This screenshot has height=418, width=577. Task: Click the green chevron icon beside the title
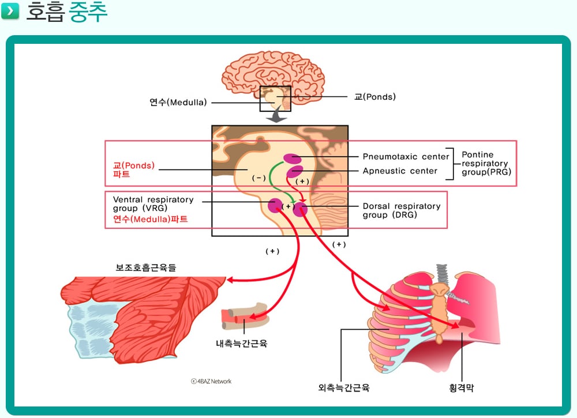pyautogui.click(x=10, y=10)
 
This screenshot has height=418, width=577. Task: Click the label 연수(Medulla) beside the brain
pyautogui.click(x=178, y=102)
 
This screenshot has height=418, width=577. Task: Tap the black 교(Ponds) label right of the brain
pyautogui.click(x=375, y=97)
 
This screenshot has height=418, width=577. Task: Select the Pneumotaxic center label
pyautogui.click(x=406, y=157)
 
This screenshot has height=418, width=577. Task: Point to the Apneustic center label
pyautogui.click(x=400, y=171)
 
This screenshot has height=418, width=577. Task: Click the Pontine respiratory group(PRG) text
pyautogui.click(x=486, y=163)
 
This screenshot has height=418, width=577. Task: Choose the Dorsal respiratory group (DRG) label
pyautogui.click(x=402, y=210)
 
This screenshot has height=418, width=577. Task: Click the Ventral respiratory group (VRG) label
pyautogui.click(x=153, y=204)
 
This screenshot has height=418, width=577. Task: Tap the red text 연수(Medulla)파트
pyautogui.click(x=151, y=219)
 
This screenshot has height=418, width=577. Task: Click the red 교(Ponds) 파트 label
pyautogui.click(x=134, y=170)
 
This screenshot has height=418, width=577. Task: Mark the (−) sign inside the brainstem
pyautogui.click(x=258, y=178)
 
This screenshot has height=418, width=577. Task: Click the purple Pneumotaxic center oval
pyautogui.click(x=292, y=159)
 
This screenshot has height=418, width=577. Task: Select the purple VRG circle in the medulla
pyautogui.click(x=275, y=205)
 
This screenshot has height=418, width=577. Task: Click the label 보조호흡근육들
pyautogui.click(x=146, y=268)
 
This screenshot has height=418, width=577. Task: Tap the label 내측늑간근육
pyautogui.click(x=241, y=344)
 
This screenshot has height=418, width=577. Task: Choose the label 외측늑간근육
pyautogui.click(x=344, y=387)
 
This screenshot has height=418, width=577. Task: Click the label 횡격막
pyautogui.click(x=462, y=387)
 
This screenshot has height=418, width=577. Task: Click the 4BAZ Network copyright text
pyautogui.click(x=211, y=381)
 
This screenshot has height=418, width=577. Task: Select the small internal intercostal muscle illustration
pyautogui.click(x=244, y=316)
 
